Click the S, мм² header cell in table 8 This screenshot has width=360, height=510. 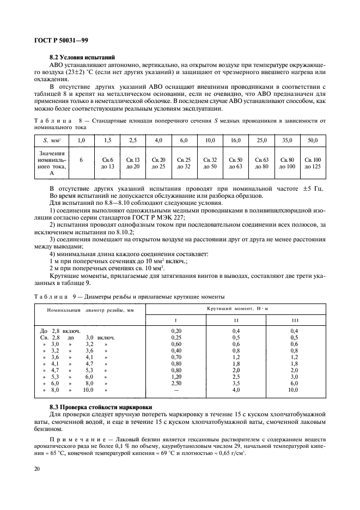52,141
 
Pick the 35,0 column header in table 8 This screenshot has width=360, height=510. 287,141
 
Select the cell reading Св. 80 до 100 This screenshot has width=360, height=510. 287,162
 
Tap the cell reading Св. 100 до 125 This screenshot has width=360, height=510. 313,162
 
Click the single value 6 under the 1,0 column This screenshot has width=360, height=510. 81,160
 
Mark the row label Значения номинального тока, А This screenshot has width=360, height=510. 52,163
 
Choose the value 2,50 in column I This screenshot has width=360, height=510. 176,382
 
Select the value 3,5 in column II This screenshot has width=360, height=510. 236,382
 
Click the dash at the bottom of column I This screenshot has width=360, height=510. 176,390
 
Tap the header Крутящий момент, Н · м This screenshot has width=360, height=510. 236,308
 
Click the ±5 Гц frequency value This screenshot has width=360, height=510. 313,189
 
